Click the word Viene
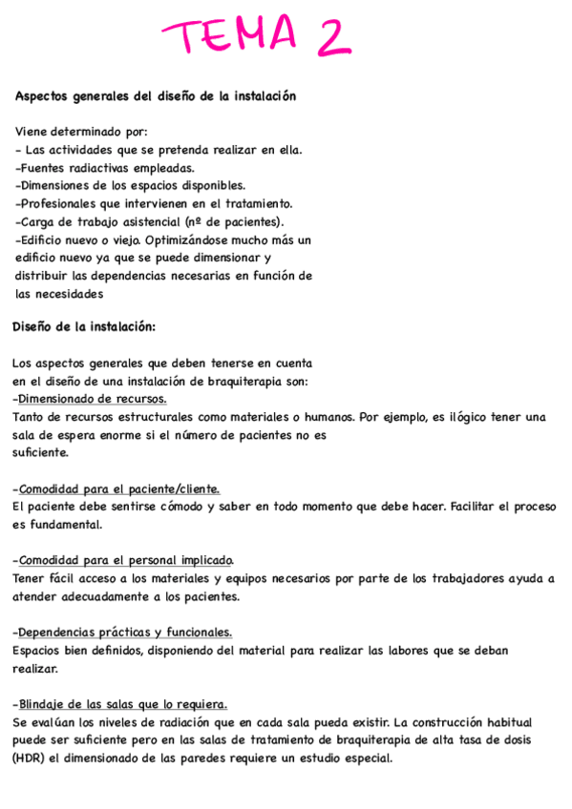[x=33, y=133]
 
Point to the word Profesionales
[x=62, y=204]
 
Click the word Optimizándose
[x=191, y=240]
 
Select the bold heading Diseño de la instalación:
[x=84, y=327]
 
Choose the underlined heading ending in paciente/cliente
[x=118, y=488]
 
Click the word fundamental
[x=64, y=525]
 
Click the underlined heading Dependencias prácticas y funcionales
[x=124, y=632]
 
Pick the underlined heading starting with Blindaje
[x=121, y=704]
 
